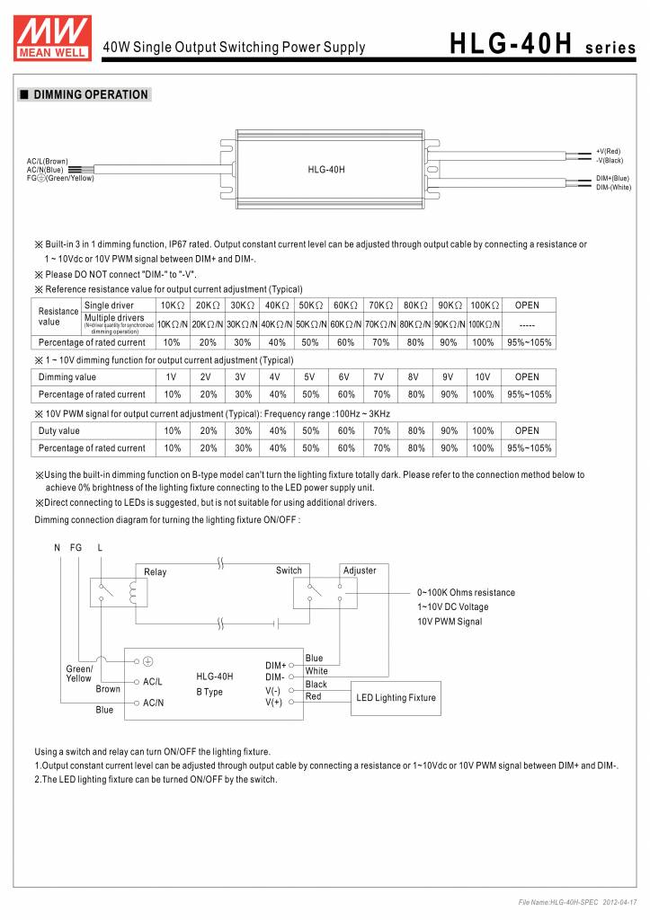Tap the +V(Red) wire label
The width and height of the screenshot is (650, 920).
pyautogui.click(x=609, y=151)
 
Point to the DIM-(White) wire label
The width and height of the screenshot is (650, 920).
pyautogui.click(x=613, y=188)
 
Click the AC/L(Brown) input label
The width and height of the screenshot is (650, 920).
pyautogui.click(x=48, y=161)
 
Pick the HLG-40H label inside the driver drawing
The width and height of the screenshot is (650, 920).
pyautogui.click(x=326, y=169)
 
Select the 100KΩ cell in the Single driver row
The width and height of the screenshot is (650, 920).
pyautogui.click(x=483, y=306)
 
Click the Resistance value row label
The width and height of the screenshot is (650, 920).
pyautogui.click(x=58, y=315)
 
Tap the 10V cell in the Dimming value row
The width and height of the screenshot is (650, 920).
pyautogui.click(x=483, y=377)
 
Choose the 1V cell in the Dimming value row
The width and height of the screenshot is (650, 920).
pyautogui.click(x=171, y=377)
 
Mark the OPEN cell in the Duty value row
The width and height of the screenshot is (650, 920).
pyautogui.click(x=527, y=430)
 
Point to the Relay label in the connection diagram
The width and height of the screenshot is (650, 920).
pyautogui.click(x=156, y=572)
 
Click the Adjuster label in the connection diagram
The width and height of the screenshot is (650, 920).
pyautogui.click(x=360, y=571)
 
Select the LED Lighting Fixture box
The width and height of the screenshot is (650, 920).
pyautogui.click(x=396, y=698)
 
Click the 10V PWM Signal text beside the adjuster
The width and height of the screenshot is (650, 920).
pyautogui.click(x=450, y=622)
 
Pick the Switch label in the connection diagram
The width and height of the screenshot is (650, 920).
pyautogui.click(x=289, y=571)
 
